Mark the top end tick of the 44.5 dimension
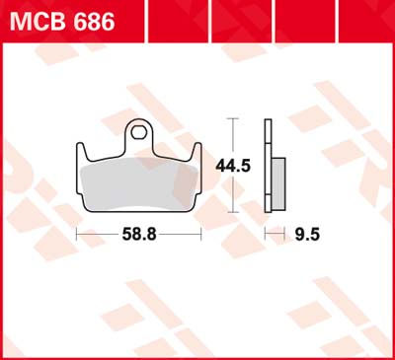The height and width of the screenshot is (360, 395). tap(233, 118)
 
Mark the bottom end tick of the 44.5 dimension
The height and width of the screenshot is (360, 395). tap(233, 211)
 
